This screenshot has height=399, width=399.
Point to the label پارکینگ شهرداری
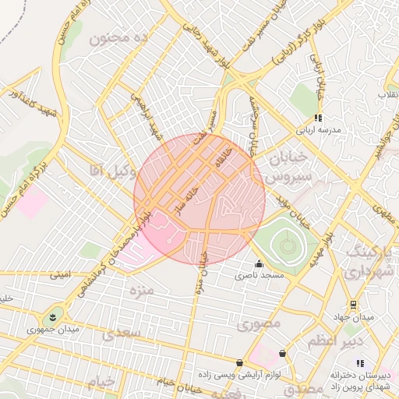point(365,263)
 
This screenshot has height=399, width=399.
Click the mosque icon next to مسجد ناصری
point(259,263)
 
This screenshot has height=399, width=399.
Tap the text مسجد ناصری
point(262,276)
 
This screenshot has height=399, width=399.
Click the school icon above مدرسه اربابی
point(318,118)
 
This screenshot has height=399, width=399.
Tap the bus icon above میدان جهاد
point(354,304)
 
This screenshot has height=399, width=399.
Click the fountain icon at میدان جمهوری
point(52,316)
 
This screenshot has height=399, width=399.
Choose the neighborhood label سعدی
point(120,333)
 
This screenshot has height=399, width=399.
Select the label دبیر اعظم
point(332,341)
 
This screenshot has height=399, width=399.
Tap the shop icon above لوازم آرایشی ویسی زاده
point(238,362)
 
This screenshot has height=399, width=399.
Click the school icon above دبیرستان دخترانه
point(360,362)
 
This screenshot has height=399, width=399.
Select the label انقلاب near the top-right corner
point(387,95)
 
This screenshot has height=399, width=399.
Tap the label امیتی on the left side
point(61,274)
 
